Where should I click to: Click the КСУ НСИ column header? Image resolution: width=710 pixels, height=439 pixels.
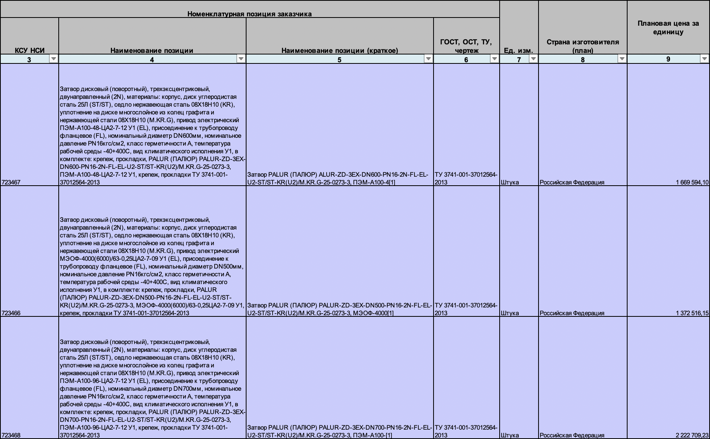[30, 50]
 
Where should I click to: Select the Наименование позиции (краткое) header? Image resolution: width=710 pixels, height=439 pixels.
[339, 50]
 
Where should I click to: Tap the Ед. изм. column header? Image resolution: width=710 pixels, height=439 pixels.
[518, 50]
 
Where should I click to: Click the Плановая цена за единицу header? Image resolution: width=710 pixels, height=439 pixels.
[668, 28]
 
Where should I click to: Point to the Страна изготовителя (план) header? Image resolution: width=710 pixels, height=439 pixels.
[582, 46]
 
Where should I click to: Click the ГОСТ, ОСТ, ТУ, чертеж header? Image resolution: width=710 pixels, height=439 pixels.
[466, 46]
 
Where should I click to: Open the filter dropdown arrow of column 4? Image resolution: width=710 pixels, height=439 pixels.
[241, 59]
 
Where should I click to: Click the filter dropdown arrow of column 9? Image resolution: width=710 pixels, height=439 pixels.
[704, 59]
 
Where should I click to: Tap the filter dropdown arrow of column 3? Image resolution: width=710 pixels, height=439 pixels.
[54, 59]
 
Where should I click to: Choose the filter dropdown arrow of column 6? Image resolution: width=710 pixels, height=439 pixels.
[494, 59]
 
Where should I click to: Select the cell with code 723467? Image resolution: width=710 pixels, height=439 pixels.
[11, 182]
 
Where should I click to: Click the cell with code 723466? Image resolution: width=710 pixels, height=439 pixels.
[11, 313]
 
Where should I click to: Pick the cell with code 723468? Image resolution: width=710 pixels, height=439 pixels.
[11, 435]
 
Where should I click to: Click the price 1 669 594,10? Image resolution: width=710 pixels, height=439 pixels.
[692, 182]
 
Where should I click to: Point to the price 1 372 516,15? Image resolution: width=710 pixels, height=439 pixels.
[692, 313]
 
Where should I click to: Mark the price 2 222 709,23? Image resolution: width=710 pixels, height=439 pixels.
[692, 435]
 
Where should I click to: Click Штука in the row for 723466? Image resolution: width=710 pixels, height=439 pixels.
[510, 313]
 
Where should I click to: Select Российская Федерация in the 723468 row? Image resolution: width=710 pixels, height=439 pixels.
[572, 435]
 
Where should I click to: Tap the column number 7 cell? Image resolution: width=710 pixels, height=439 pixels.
[518, 59]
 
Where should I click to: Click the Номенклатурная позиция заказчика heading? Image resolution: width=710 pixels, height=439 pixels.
[249, 14]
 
